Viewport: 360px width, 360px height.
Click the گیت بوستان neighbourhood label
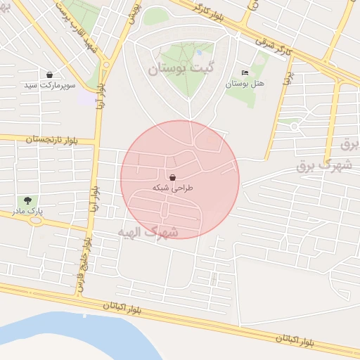click(x=179, y=69)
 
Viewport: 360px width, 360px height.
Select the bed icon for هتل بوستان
click(x=245, y=73)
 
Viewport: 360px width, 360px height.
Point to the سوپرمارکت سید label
click(x=50, y=85)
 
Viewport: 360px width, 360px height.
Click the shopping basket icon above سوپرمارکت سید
click(x=49, y=75)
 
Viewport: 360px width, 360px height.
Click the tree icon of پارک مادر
click(x=27, y=201)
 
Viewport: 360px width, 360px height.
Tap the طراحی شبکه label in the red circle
click(x=172, y=188)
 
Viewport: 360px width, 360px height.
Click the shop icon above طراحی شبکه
click(x=173, y=177)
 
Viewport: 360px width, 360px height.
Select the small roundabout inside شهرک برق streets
click(x=294, y=127)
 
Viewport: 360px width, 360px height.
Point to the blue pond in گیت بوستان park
click(x=199, y=51)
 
